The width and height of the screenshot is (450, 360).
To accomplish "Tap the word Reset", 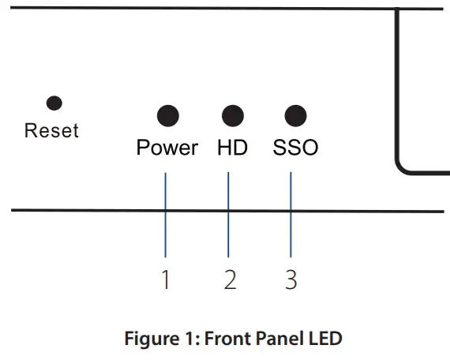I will pos(52,130).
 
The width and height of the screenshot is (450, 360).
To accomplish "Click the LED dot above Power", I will pos(167,117).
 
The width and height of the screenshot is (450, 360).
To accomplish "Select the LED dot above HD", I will pos(231,117).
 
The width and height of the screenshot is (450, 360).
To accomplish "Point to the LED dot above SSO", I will pos(294,117).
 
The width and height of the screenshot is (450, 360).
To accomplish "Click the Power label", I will pos(167,148).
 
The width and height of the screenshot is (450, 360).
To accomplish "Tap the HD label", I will pos(231,148).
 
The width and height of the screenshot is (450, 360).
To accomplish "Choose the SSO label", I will pos(295,148).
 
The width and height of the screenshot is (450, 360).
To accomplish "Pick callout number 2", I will pos(230,279).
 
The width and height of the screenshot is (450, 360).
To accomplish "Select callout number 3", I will pos(291,279).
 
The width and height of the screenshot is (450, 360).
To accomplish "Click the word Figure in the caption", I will pos(151,339).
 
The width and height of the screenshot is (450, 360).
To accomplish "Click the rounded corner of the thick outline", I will pos(401,164).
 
